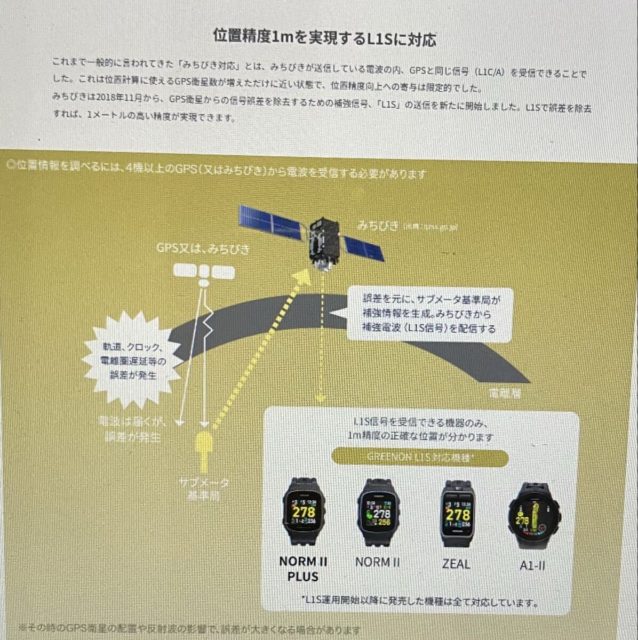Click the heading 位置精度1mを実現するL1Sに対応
[x=324, y=38]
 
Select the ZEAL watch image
[x=457, y=514]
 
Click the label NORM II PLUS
[x=303, y=569]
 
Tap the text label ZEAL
[x=456, y=564]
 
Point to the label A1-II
[x=532, y=565]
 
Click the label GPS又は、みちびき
[x=203, y=249]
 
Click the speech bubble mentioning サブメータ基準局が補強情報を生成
[x=429, y=314]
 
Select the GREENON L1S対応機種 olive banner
[x=420, y=458]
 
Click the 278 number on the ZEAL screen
[x=458, y=514]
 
